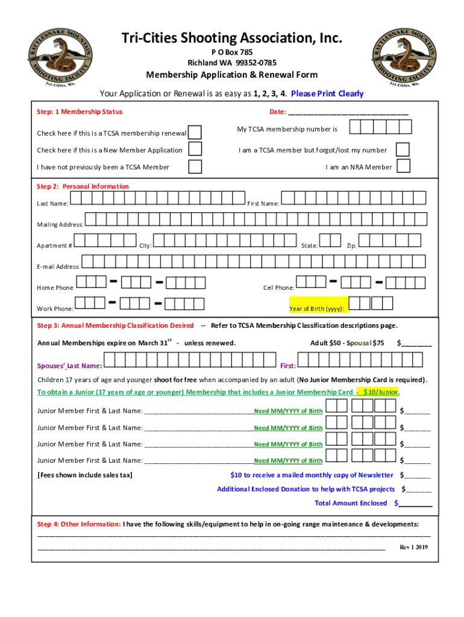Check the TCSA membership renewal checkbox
[x=195, y=133]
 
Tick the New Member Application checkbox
[x=195, y=149]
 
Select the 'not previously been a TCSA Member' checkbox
[x=195, y=167]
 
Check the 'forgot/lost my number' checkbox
[x=403, y=149]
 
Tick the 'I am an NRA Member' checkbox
[x=404, y=166]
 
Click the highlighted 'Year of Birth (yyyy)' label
[x=316, y=308]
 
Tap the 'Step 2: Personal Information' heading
[x=83, y=187]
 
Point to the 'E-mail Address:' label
[x=58, y=266]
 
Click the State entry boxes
[x=330, y=240]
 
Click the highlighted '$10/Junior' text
[x=381, y=392]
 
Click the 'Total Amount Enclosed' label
[x=351, y=503]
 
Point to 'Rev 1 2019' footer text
[x=413, y=547]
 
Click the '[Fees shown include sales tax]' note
[x=85, y=475]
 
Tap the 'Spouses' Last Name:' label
[x=69, y=366]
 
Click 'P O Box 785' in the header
[x=232, y=52]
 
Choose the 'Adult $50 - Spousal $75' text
[x=346, y=343]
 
